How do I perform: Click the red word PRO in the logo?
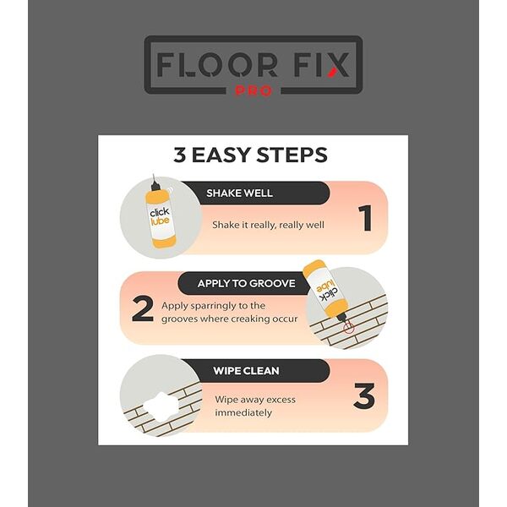pyautogui.click(x=253, y=90)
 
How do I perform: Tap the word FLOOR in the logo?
pyautogui.click(x=217, y=65)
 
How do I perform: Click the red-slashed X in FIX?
pyautogui.click(x=338, y=65)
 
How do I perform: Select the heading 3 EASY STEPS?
pyautogui.click(x=251, y=155)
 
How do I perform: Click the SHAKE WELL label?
pyautogui.click(x=240, y=193)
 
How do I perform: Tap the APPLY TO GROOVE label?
pyautogui.click(x=247, y=284)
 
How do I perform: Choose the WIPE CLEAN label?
pyautogui.click(x=246, y=371)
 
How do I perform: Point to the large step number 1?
pyautogui.click(x=365, y=218)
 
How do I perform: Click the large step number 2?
pyautogui.click(x=143, y=308)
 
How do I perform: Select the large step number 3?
pyautogui.click(x=364, y=395)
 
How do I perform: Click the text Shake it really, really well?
pyautogui.click(x=268, y=225)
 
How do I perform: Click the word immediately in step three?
pyautogui.click(x=243, y=413)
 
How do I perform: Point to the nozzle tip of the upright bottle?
pyautogui.click(x=153, y=175)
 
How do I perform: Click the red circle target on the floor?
pyautogui.click(x=348, y=328)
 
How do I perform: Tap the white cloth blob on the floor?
pyautogui.click(x=161, y=406)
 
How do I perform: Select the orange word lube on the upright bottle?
pyautogui.click(x=161, y=221)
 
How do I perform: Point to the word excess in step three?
pyautogui.click(x=280, y=400)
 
